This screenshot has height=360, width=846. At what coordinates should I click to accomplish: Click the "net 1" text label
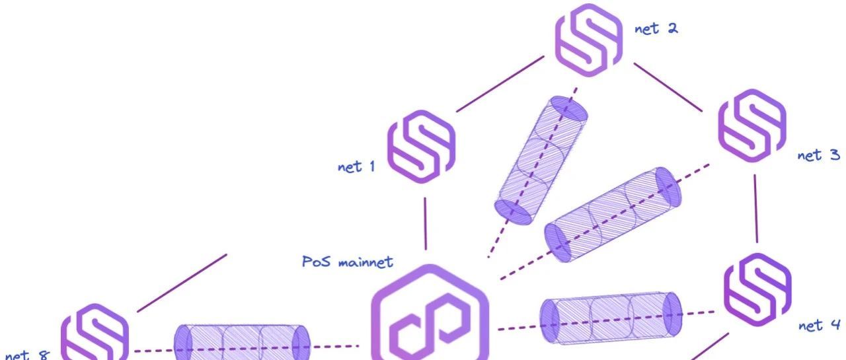click(x=356, y=166)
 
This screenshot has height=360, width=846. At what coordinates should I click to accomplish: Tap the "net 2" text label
click(x=656, y=29)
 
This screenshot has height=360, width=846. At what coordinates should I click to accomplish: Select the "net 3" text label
click(x=819, y=155)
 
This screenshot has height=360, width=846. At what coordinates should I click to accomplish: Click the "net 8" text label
click(x=27, y=355)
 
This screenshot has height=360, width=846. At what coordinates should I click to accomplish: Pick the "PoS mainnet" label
click(x=348, y=262)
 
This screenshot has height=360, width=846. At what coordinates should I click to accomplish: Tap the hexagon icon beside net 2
click(x=588, y=40)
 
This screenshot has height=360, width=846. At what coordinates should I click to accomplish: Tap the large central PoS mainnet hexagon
click(x=430, y=320)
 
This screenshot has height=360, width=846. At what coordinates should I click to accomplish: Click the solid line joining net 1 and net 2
click(x=500, y=84)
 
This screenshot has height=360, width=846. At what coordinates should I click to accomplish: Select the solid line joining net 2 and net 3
click(x=668, y=86)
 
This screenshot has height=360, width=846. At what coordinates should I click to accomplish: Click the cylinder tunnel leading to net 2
click(x=541, y=159)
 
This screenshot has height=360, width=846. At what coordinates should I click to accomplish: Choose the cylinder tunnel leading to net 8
click(x=242, y=343)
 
